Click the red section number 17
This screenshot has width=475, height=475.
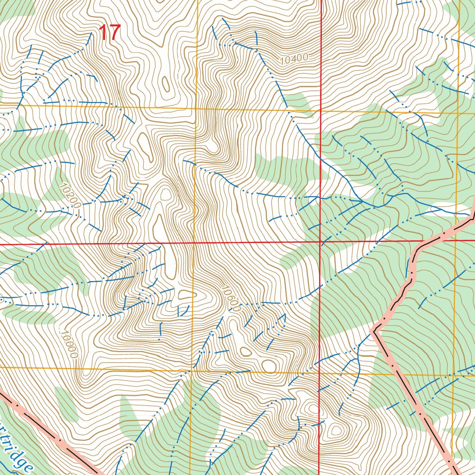click(109, 33)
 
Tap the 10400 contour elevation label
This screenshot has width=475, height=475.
click(294, 59)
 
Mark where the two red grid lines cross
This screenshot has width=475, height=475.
click(321, 242)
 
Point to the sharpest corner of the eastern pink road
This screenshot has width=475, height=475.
click(374, 330)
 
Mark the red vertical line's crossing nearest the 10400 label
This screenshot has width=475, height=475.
click(321, 111)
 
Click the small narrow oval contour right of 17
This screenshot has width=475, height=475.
click(165, 83)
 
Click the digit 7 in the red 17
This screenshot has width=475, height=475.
click(115, 33)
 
